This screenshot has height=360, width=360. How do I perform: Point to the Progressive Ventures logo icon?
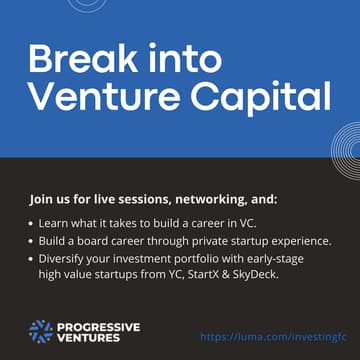point(40,331)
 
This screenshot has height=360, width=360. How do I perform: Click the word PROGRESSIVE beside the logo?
point(98,325)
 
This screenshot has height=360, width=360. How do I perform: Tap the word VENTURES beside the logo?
point(88,338)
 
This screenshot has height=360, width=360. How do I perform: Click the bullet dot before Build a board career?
point(33,241)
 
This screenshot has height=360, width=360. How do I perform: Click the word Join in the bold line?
point(42,196)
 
